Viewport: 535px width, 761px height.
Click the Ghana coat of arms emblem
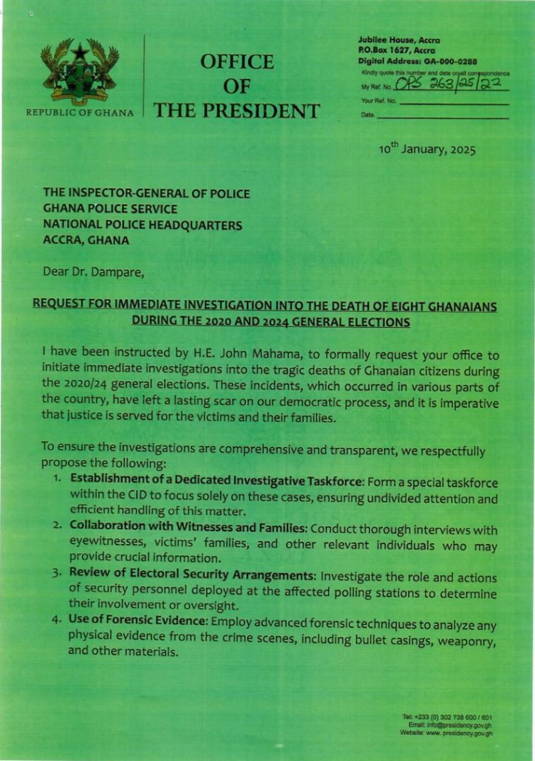click(x=80, y=72)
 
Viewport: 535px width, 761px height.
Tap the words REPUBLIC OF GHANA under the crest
click(x=80, y=113)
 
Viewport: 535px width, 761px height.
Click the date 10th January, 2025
click(x=427, y=149)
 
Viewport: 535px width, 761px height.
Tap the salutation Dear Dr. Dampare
click(x=94, y=271)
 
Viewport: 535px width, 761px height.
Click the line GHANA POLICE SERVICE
click(x=110, y=209)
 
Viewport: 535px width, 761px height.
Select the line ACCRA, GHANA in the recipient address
click(x=86, y=240)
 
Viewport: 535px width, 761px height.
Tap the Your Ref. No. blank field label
click(x=379, y=100)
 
